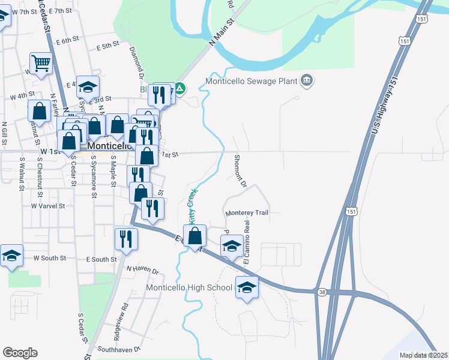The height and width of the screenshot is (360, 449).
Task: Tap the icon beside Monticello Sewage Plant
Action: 307,81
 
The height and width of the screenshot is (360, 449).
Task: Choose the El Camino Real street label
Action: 247,242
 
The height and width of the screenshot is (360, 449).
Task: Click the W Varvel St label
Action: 47,205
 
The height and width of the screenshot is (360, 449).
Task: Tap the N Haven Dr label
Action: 142,271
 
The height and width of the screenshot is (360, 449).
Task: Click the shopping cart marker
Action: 41,63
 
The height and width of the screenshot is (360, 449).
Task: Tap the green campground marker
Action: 179,90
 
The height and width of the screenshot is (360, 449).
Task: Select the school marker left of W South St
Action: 11,256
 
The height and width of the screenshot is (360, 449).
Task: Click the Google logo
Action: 20,353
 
